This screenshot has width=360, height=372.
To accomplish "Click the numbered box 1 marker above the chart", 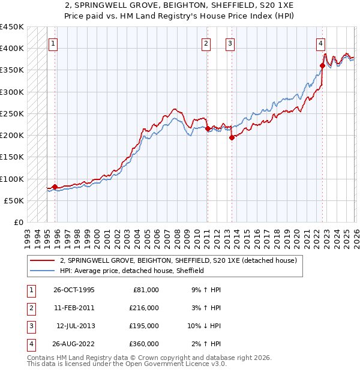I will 53,43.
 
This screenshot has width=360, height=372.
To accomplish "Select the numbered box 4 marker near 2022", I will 321,43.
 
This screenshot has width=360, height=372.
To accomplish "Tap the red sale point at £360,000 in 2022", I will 323,65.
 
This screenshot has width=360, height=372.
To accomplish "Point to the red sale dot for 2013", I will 232,137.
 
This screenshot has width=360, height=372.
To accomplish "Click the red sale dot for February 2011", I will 208,128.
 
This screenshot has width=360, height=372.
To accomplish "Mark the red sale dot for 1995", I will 55,187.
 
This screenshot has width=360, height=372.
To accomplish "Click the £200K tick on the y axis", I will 12,135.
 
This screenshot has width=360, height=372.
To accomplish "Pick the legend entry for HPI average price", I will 132,271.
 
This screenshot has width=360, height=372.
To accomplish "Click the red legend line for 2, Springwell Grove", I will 42,261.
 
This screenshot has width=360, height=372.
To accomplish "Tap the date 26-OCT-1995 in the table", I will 73,290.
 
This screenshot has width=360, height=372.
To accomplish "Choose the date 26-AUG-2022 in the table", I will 73,344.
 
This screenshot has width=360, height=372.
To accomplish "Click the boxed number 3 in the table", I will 29,326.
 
